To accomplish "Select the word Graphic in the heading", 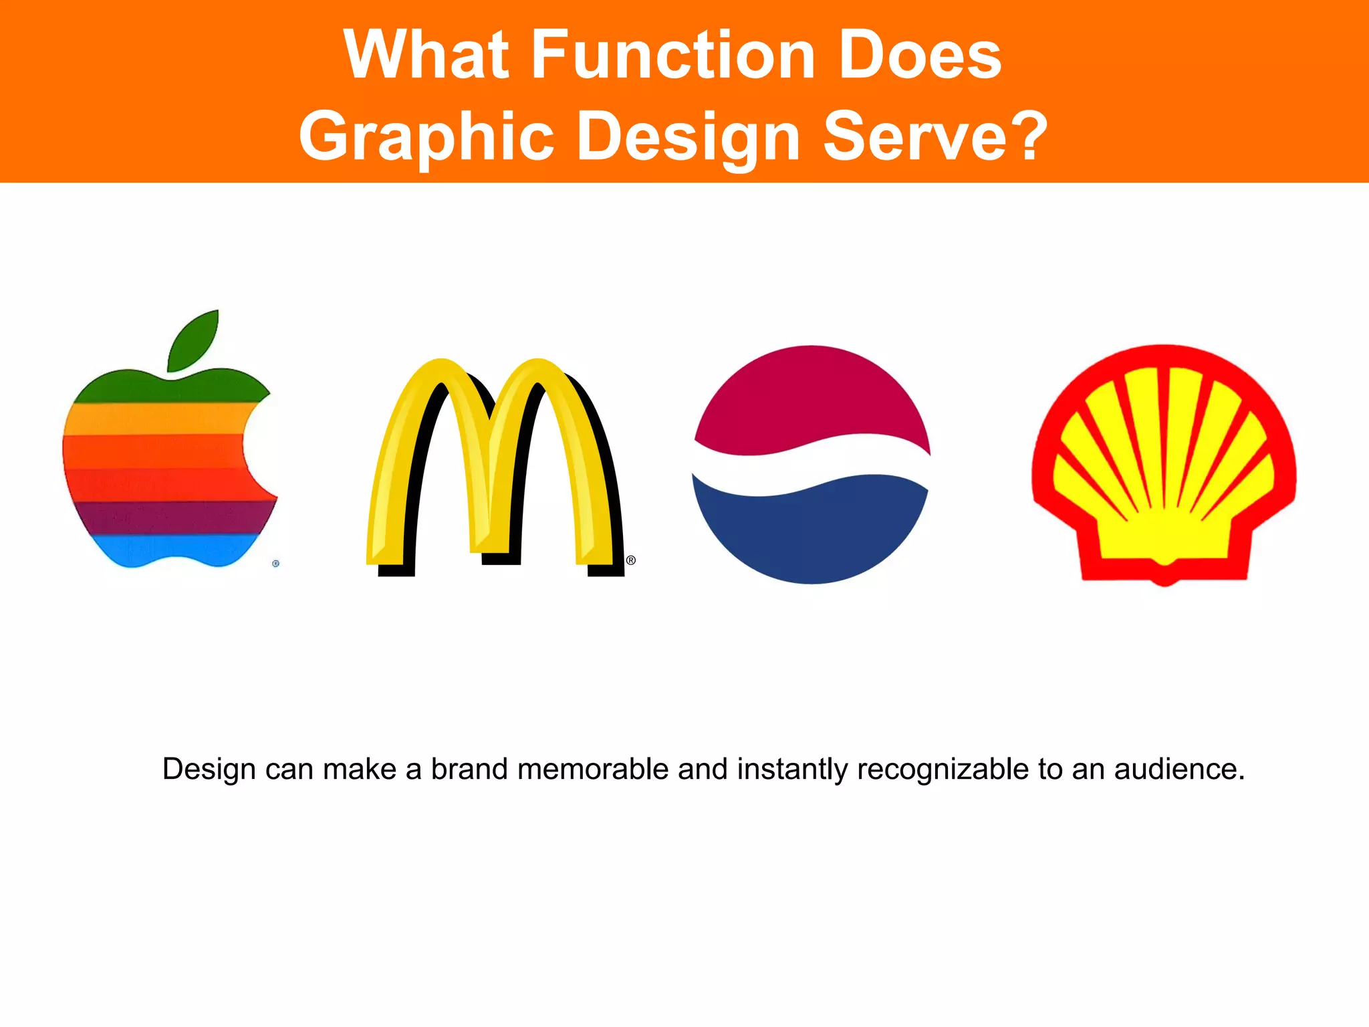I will coord(426,136).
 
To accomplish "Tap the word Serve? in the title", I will coord(935,136).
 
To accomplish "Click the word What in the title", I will coord(427,55).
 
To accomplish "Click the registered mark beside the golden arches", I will coord(630,560).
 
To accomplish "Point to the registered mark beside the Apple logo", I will coord(275,564).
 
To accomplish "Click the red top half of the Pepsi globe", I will coord(812,394).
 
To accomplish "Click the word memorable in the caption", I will coord(592,769).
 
